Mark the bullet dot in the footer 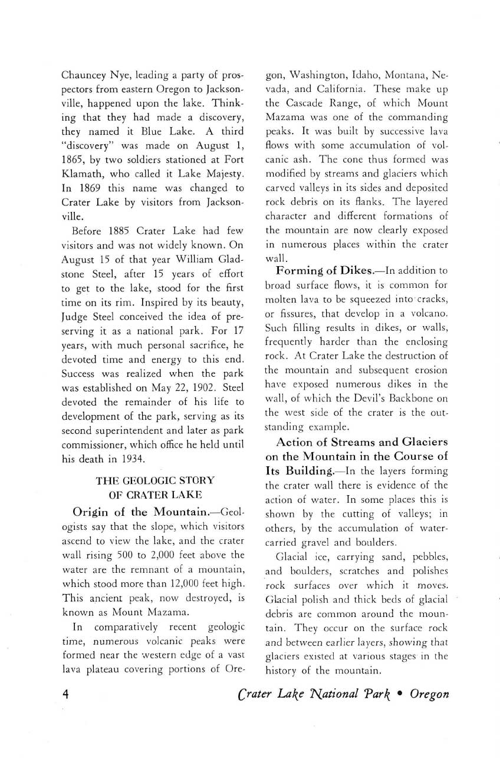400,693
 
